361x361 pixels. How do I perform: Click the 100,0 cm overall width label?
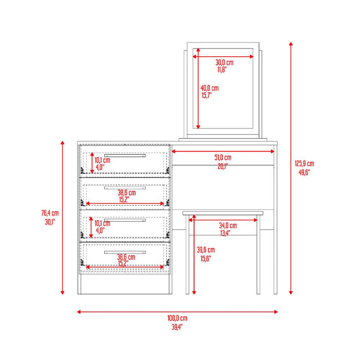(x=176, y=318)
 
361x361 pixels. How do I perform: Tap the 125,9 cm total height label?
(x=304, y=163)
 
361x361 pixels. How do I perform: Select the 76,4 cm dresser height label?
(x=50, y=213)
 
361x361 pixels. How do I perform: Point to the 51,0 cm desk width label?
(x=223, y=157)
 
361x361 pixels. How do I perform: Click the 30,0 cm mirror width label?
(x=224, y=62)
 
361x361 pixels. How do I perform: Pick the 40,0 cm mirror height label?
(x=209, y=88)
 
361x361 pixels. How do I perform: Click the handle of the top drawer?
(x=125, y=155)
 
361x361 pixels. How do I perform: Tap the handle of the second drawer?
(x=125, y=188)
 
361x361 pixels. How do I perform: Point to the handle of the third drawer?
(x=125, y=220)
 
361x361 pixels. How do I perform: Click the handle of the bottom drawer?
(x=125, y=252)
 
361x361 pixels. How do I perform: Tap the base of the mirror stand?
(x=223, y=139)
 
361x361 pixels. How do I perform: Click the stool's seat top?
(x=223, y=212)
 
